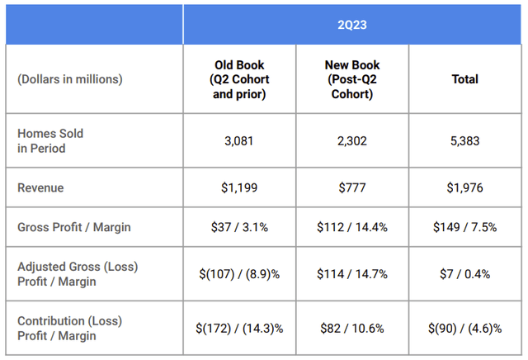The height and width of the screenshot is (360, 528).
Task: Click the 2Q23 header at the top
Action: [x=354, y=24]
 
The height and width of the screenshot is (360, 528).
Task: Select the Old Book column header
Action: [x=239, y=79]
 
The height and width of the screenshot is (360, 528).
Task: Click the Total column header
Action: [x=464, y=79]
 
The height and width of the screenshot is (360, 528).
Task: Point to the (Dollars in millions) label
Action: [x=70, y=79]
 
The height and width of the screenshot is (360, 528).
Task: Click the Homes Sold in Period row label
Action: [x=50, y=140]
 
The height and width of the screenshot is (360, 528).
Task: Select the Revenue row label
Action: [x=40, y=187]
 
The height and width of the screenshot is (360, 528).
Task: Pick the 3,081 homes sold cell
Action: [x=239, y=140]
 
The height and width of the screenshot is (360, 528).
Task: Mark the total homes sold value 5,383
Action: [x=464, y=140]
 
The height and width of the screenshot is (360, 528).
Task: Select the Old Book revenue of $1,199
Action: [x=239, y=187]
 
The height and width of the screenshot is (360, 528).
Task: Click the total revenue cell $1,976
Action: [x=464, y=187]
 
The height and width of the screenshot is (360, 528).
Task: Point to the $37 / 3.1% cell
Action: [x=239, y=227]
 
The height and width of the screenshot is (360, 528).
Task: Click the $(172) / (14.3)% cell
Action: [x=239, y=328]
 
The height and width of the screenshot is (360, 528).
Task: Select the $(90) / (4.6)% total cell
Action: [x=464, y=328]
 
